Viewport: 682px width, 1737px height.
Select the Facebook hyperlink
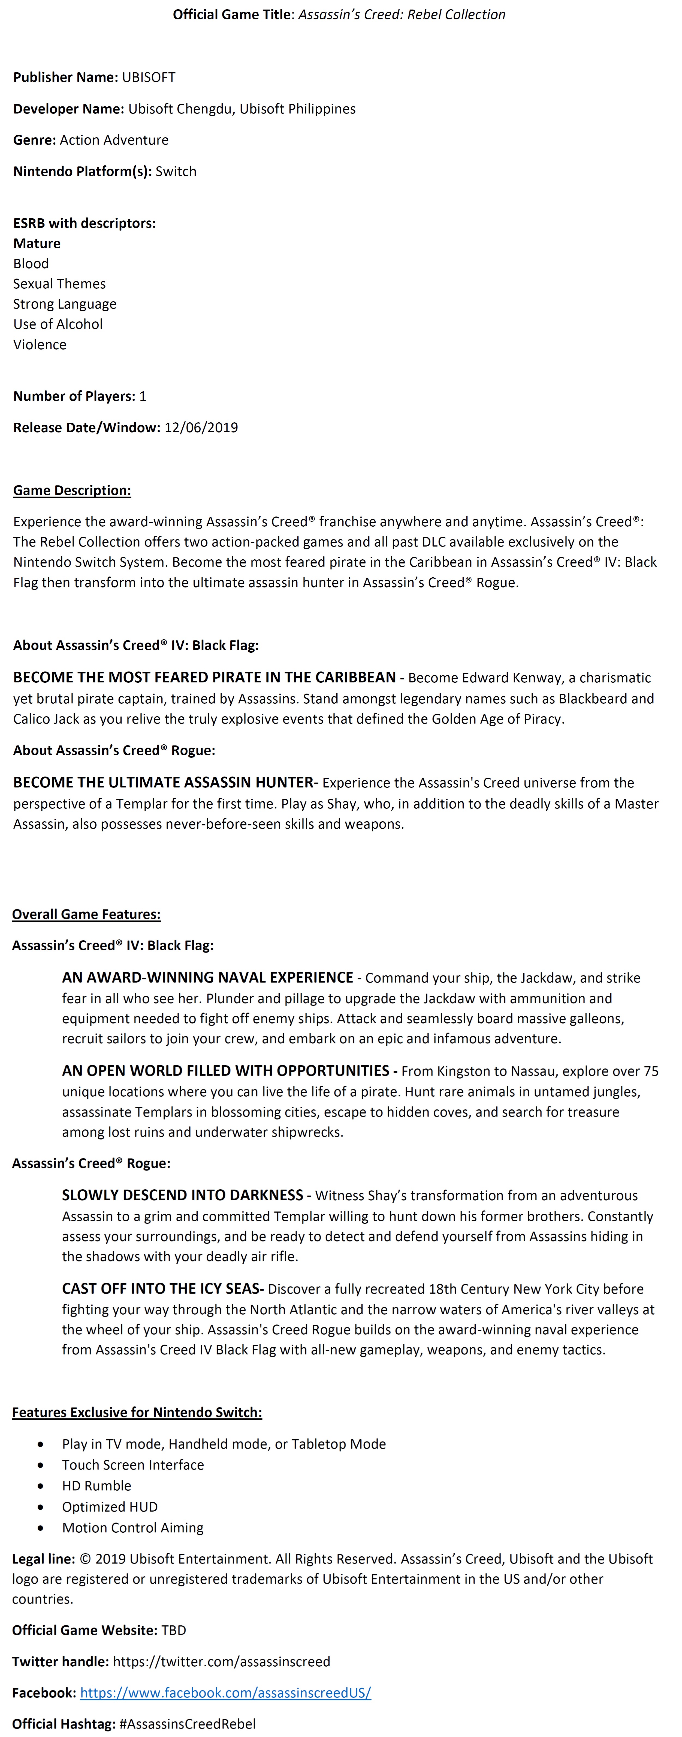pos(225,1693)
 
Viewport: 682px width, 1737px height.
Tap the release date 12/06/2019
pos(201,428)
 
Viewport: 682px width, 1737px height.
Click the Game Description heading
pos(72,490)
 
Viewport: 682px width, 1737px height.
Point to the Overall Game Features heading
pos(86,914)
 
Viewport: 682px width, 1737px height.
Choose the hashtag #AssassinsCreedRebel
pos(187,1724)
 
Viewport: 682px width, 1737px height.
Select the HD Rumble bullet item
pos(96,1485)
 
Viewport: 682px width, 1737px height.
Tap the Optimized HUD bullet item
pos(110,1506)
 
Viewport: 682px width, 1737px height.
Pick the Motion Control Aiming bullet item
pos(133,1527)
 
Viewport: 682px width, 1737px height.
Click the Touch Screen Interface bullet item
pos(133,1465)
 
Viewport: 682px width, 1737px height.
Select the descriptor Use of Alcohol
pos(58,324)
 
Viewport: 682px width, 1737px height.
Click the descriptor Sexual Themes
pos(59,284)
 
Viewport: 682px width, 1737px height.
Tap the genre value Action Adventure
pos(114,140)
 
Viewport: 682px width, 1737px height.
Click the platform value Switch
pos(176,171)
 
